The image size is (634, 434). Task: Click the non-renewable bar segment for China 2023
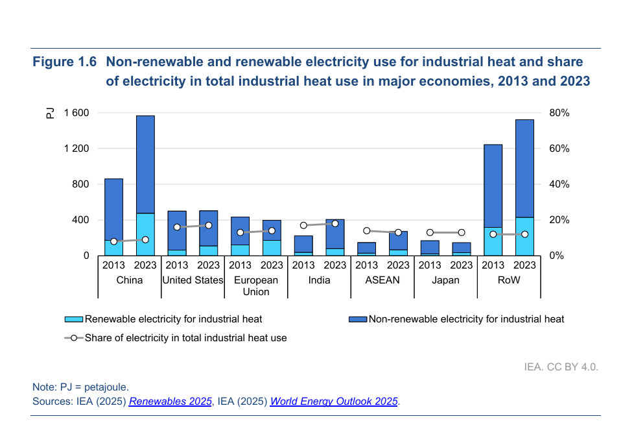[145, 164]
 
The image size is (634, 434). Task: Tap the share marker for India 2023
[335, 223]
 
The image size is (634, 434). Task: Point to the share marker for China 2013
[114, 241]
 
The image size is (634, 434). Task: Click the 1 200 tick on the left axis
[76, 149]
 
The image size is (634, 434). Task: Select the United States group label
[193, 280]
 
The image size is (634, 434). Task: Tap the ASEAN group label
[382, 280]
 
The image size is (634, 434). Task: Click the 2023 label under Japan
[462, 265]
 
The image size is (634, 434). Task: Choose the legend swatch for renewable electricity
[75, 319]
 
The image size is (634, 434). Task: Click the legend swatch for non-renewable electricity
[358, 319]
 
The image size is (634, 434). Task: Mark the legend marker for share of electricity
[74, 338]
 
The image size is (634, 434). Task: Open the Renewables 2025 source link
[170, 402]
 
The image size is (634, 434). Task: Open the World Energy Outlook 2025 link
[334, 402]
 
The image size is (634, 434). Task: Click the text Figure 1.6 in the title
[65, 62]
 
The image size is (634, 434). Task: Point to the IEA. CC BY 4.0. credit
[561, 367]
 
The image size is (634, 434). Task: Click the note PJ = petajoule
[80, 387]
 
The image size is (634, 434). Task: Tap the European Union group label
[256, 285]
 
